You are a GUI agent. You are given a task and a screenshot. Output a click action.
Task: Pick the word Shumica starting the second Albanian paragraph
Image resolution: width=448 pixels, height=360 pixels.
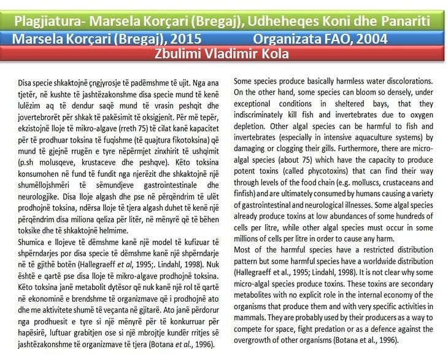pyautogui.click(x=26, y=242)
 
